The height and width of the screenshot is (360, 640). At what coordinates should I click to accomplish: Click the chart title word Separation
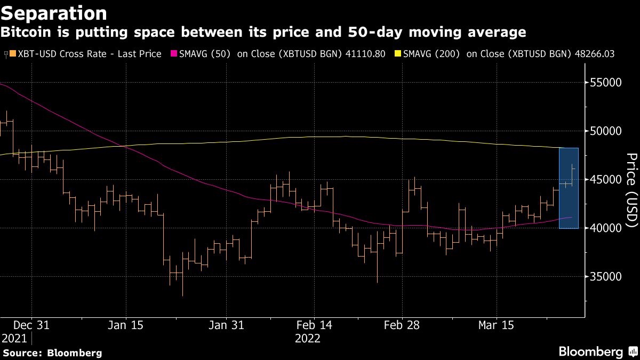pyautogui.click(x=53, y=12)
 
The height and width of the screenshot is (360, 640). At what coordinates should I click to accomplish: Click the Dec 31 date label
pyautogui.click(x=31, y=325)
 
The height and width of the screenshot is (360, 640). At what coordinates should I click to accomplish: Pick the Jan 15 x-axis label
pyautogui.click(x=126, y=325)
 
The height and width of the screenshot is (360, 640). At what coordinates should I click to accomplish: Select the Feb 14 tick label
pyautogui.click(x=314, y=325)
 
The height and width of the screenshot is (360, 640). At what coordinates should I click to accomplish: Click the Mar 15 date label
pyautogui.click(x=496, y=325)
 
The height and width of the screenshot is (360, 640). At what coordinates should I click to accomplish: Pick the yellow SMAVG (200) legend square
pyautogui.click(x=397, y=54)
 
